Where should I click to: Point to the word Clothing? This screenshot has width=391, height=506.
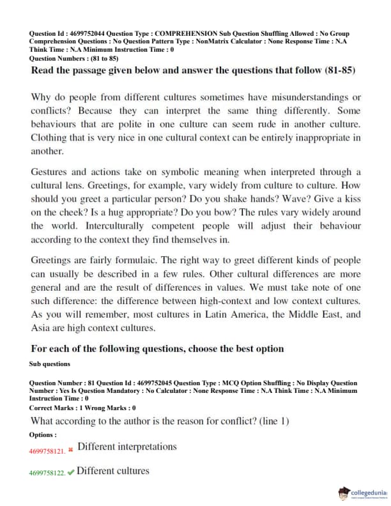coord(49,138)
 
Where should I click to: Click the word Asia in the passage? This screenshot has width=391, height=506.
coord(42,328)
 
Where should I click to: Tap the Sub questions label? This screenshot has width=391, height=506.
coord(50,364)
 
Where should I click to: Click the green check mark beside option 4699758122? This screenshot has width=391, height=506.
coord(70,473)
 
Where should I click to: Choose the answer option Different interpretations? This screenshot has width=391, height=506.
coord(127,447)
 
